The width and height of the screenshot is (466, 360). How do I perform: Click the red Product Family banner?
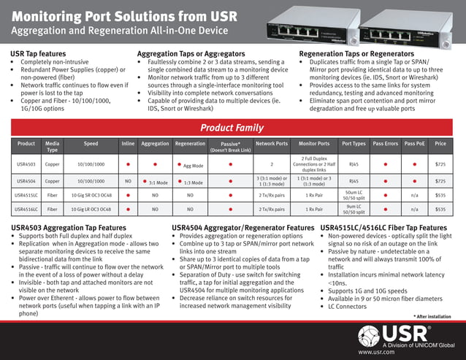[232, 127]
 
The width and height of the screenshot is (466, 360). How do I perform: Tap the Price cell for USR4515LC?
[440, 195]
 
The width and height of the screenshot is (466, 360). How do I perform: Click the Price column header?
[440, 144]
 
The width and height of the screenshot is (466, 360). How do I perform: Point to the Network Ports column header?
[271, 144]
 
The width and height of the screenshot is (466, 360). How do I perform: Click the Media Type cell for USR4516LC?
[53, 209]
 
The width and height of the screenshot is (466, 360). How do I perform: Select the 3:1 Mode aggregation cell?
[155, 181]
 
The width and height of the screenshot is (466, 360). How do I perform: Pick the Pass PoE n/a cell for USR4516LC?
[414, 209]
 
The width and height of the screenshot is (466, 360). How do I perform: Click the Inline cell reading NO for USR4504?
[128, 180]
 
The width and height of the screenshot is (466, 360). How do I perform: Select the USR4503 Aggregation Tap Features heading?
[79, 228]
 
